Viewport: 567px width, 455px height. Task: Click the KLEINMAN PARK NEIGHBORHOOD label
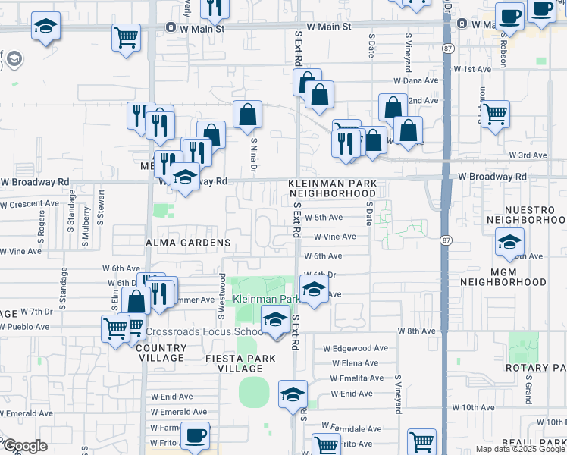click(332, 188)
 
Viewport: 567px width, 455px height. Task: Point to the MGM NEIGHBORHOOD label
click(507, 276)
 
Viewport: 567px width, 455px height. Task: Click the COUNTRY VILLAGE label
click(161, 353)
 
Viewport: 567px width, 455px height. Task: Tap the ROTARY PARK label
click(536, 368)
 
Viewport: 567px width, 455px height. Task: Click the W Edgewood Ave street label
click(355, 349)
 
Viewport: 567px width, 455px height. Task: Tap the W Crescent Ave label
click(30, 204)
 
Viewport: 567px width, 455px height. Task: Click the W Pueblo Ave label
click(24, 327)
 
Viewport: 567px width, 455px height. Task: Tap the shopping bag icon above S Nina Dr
click(248, 115)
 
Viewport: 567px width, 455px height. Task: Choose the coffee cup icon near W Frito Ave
click(196, 435)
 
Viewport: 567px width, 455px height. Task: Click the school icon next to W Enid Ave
click(292, 394)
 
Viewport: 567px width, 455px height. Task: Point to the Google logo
click(25, 446)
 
